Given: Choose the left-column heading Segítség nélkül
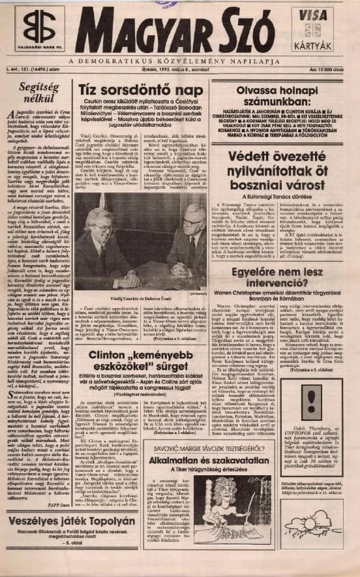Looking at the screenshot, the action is (35, 94).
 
